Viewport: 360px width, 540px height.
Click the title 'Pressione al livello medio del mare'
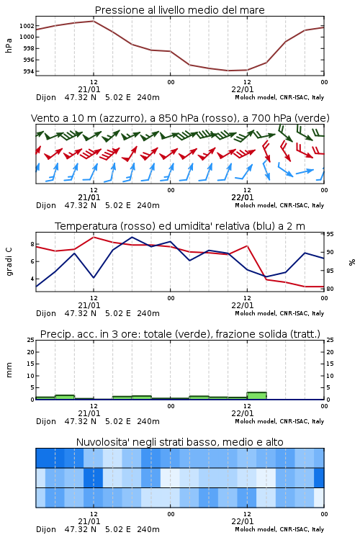[179, 10]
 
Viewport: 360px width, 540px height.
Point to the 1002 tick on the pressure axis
[27, 26]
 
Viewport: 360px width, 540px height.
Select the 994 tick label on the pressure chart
[28, 71]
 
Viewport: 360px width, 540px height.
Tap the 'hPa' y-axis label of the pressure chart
[9, 45]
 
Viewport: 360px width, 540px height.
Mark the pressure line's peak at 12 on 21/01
[94, 21]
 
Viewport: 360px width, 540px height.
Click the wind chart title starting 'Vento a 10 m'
[180, 118]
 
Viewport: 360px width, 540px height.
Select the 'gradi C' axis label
[9, 261]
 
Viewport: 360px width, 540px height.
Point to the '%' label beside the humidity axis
[352, 262]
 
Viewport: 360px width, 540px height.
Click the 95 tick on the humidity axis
[330, 234]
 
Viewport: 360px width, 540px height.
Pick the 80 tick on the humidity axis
[330, 289]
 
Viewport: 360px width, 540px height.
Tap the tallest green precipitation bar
[256, 396]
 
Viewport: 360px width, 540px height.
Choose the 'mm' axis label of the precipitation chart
[9, 370]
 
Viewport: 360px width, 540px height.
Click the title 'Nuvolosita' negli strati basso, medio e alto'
[179, 442]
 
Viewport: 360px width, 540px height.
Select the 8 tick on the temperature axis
[32, 244]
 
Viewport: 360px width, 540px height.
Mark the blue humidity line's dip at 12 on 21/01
[94, 277]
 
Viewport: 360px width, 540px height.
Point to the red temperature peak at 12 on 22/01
[247, 246]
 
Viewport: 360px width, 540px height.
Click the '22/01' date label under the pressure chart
[243, 89]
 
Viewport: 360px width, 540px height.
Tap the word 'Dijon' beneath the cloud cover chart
[46, 529]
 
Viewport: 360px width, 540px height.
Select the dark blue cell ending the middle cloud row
[319, 477]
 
